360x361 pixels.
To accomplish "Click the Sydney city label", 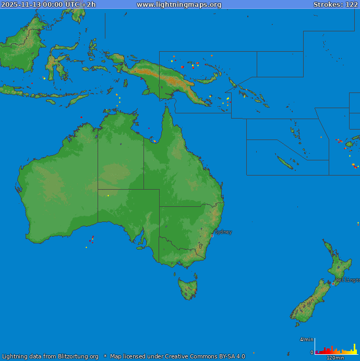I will click(223, 232).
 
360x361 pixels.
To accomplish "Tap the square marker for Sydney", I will click(212, 236).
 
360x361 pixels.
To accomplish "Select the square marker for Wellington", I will click(333, 284).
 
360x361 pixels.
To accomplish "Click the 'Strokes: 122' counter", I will click(335, 5).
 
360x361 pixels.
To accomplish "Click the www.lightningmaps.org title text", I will click(179, 5).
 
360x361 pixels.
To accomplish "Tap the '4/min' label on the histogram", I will click(306, 340).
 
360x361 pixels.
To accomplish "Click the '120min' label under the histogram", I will click(335, 358).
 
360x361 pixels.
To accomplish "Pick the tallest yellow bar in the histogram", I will click(355, 348).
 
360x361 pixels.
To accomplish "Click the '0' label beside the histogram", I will click(312, 353).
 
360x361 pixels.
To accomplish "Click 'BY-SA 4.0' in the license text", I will click(227, 357).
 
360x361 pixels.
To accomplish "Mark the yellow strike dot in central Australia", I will click(108, 196).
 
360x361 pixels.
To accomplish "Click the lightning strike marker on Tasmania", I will click(195, 289).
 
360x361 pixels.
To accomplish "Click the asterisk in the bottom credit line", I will click(105, 357).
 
